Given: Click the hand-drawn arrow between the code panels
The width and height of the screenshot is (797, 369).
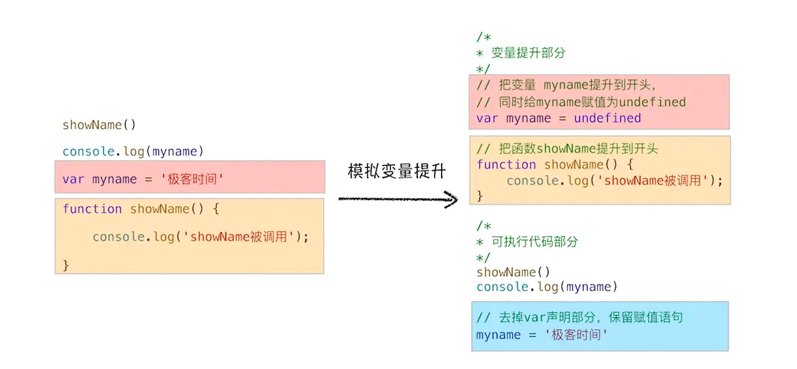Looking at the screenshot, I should click(398, 200).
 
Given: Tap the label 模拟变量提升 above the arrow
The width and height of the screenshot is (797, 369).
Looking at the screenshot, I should click(396, 171).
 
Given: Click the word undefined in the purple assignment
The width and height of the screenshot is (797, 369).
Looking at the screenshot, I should click(607, 118).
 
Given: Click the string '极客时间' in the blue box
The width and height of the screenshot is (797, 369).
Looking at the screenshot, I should click(576, 335).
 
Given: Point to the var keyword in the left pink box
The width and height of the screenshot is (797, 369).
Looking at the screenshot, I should click(73, 179).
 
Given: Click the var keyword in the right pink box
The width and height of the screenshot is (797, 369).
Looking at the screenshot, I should click(487, 118).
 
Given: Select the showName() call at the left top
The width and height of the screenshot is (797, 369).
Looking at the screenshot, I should click(99, 125).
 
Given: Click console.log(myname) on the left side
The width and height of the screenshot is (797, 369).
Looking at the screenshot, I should click(133, 151).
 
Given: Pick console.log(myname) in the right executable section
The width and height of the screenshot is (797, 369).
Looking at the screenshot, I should click(547, 287).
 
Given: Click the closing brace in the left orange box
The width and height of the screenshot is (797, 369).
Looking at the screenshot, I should click(66, 265).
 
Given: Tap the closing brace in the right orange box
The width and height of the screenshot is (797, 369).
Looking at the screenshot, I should click(480, 196).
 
